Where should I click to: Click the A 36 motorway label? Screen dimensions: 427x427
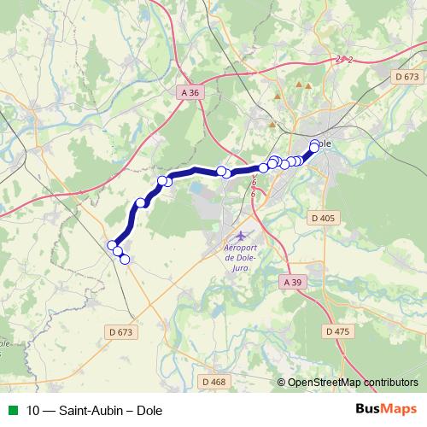coord(189,91)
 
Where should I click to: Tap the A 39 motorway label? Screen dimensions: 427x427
coord(292,282)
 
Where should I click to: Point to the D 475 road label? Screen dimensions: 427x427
coord(338,330)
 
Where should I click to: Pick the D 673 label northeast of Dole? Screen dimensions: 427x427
coord(405,77)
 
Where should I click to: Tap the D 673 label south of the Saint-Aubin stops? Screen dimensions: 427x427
coord(122,331)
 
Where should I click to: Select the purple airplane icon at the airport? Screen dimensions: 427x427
coord(241,234)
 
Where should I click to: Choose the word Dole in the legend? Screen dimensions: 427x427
coord(149,410)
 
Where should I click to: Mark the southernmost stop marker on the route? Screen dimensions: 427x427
coord(125,259)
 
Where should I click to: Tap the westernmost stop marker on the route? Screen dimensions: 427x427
coord(111,245)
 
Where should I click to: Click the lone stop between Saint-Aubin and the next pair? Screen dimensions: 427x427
coord(141,203)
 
